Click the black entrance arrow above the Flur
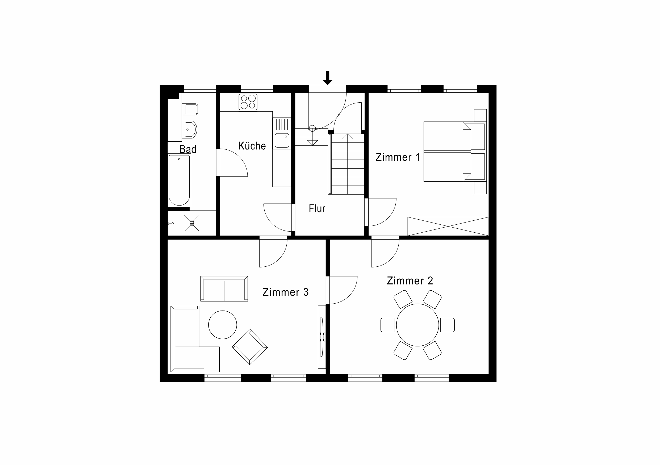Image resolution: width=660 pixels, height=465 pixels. [x=327, y=78]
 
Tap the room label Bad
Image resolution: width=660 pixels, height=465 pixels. [x=188, y=149]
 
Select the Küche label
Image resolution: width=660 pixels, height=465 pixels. [x=252, y=146]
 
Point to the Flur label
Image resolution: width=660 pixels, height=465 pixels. [x=317, y=208]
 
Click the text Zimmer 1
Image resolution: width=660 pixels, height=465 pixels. [x=398, y=157]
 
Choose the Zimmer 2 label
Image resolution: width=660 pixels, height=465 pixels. [x=410, y=280]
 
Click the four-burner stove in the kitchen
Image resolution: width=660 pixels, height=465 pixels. [x=248, y=102]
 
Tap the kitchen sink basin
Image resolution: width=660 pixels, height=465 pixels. [x=282, y=140]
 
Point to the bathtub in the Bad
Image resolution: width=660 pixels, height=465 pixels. [x=179, y=180]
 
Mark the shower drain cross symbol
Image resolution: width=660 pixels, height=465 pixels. [x=192, y=223]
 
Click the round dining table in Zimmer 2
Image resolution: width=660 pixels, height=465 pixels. [x=417, y=325]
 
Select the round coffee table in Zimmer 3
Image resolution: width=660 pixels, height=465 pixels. [x=223, y=325]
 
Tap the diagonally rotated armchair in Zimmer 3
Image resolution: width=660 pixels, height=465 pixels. [x=250, y=347]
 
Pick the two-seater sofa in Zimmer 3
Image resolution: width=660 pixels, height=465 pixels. [x=224, y=288]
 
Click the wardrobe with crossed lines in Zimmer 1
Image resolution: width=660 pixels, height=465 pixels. [x=448, y=226]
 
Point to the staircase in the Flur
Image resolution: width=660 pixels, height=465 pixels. [x=346, y=164]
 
